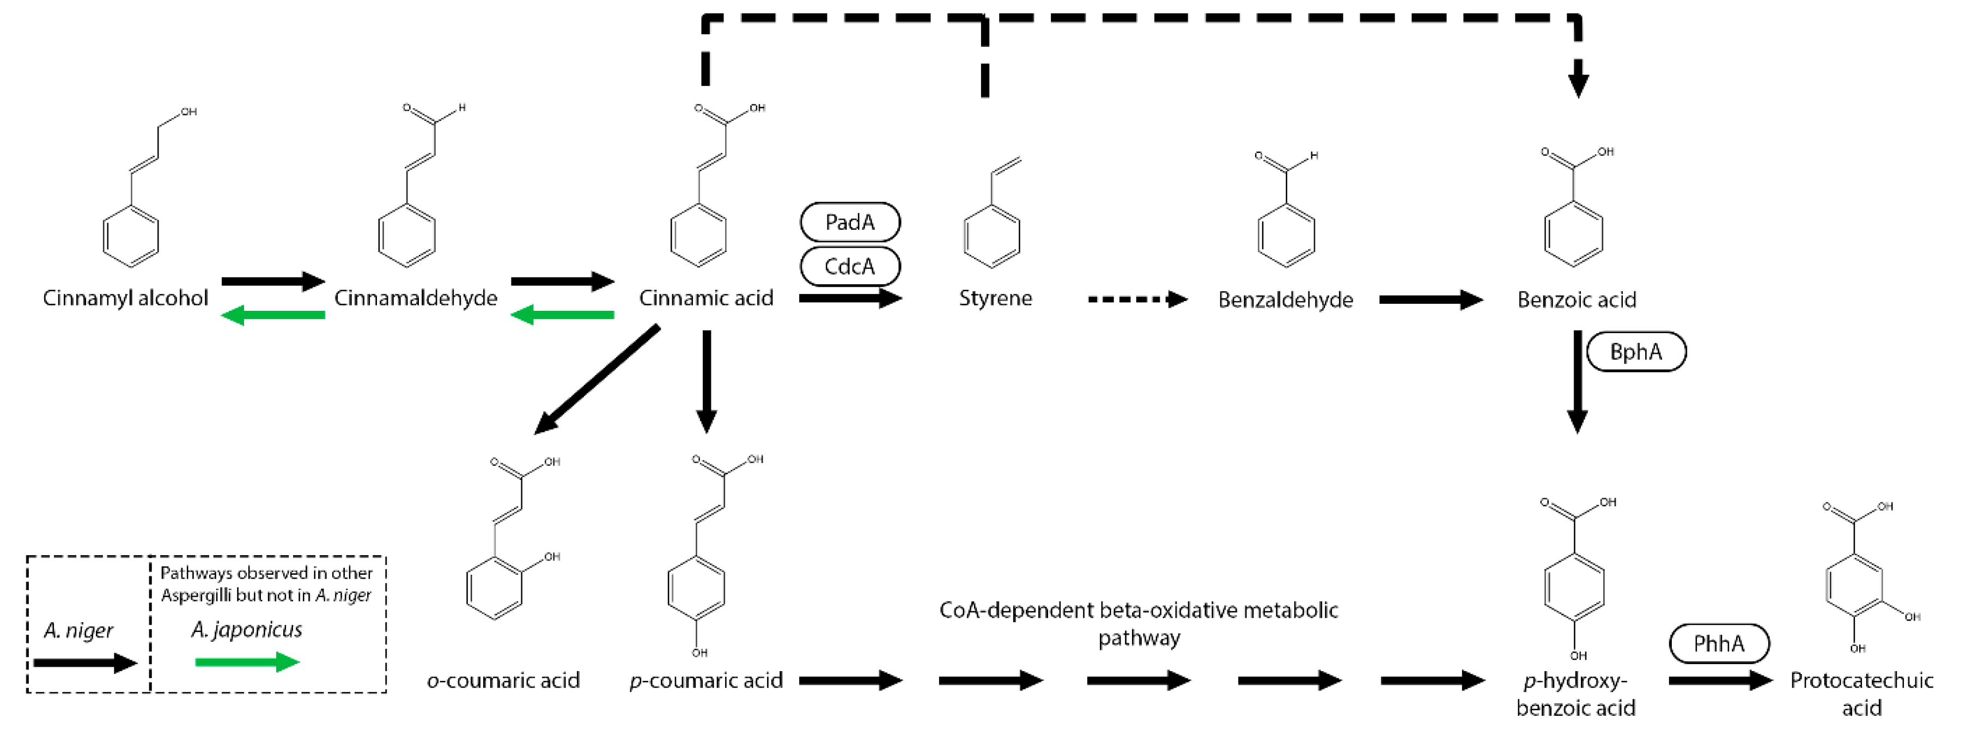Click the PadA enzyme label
click(x=849, y=222)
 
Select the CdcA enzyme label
click(x=849, y=266)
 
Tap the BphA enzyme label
click(x=1635, y=352)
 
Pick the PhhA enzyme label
click(x=1719, y=644)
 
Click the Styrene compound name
click(x=995, y=298)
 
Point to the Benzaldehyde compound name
click(x=1285, y=300)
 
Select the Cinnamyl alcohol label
click(x=125, y=298)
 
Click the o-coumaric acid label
click(x=503, y=680)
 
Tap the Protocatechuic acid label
click(x=1861, y=693)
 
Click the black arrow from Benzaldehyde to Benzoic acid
click(x=1430, y=300)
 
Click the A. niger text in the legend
click(x=78, y=631)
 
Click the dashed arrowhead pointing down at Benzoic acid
click(x=1578, y=84)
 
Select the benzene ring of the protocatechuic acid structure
click(x=1854, y=586)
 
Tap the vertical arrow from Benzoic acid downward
click(x=1577, y=382)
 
